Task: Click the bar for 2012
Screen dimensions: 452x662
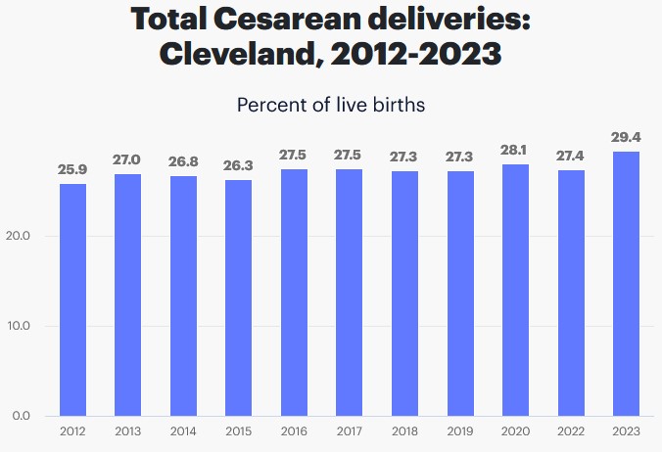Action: tap(72, 299)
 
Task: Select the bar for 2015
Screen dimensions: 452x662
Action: tap(239, 297)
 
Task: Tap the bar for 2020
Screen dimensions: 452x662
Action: tap(515, 290)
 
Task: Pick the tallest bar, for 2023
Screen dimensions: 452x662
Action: tap(626, 284)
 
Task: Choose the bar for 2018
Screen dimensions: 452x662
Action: tap(404, 294)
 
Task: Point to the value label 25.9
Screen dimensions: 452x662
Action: tap(72, 169)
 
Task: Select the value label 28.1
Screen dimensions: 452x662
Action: tap(515, 150)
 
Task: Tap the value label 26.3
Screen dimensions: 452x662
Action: tap(239, 165)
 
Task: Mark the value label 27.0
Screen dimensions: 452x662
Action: tap(127, 159)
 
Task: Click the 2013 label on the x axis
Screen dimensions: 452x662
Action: tap(127, 431)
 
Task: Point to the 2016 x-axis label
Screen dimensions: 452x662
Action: tap(294, 431)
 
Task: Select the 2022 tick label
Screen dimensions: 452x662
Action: tap(570, 431)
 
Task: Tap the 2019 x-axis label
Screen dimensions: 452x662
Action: tap(459, 431)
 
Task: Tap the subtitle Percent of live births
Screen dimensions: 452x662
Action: tap(331, 104)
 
